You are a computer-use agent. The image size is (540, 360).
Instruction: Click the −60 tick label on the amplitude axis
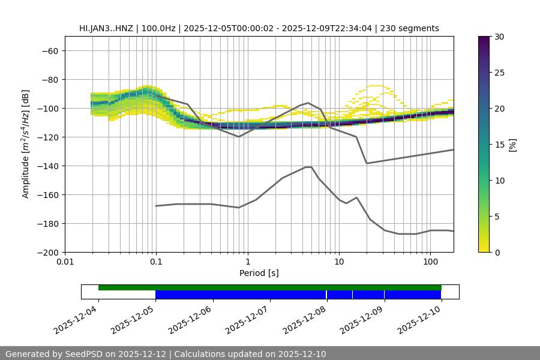point(49,51)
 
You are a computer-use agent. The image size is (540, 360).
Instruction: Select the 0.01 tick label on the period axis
point(65,262)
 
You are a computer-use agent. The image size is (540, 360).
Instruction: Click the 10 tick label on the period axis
point(339,262)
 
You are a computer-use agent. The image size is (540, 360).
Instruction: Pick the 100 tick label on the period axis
point(430,262)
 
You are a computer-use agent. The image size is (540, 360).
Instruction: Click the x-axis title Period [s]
point(259,273)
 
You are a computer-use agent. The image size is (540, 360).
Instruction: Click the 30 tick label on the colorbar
point(499,37)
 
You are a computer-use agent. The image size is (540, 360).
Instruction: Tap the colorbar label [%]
point(512,145)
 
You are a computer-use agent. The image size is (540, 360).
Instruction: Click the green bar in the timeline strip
point(270,287)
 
